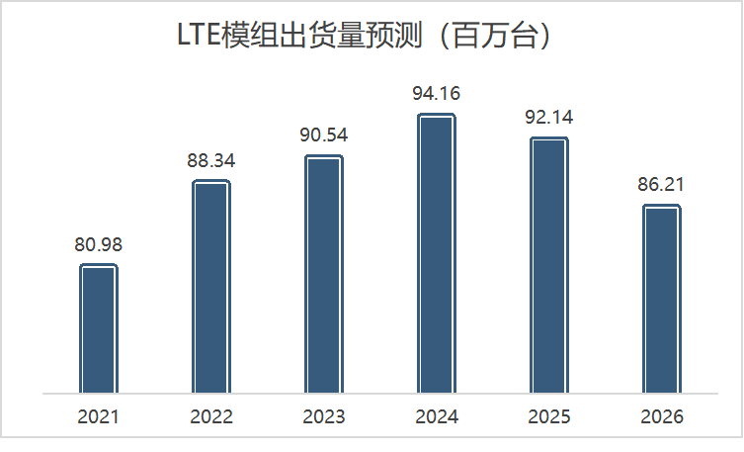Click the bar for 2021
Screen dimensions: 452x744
pyautogui.click(x=98, y=328)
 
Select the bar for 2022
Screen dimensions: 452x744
pyautogui.click(x=210, y=287)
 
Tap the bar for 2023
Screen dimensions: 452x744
pyautogui.click(x=323, y=274)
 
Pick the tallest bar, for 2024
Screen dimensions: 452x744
pyautogui.click(x=436, y=253)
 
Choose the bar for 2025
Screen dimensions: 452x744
pyautogui.click(x=549, y=265)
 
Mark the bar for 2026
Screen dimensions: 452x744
pyautogui.click(x=662, y=299)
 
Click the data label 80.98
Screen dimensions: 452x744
pyautogui.click(x=98, y=244)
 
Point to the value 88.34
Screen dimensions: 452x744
pyautogui.click(x=210, y=160)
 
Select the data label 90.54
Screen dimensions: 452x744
pyautogui.click(x=323, y=136)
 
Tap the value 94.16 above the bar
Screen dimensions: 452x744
pyautogui.click(x=436, y=94)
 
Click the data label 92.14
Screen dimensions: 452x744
pyautogui.click(x=549, y=118)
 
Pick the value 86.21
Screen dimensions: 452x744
pyautogui.click(x=662, y=185)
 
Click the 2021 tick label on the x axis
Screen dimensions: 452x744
pyautogui.click(x=98, y=416)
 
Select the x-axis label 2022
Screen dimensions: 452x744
pyautogui.click(x=210, y=416)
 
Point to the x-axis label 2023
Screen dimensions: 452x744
pyautogui.click(x=323, y=416)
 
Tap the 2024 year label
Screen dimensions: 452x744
pyautogui.click(x=436, y=416)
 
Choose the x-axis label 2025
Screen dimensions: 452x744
pyautogui.click(x=549, y=416)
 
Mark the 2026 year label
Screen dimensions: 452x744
pyautogui.click(x=662, y=416)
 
